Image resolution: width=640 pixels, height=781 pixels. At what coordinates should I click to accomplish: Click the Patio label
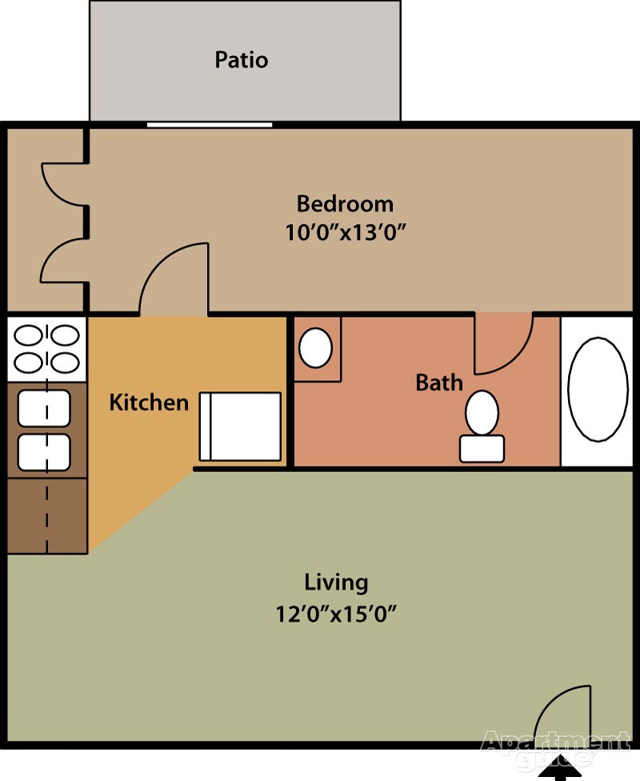[x=241, y=60]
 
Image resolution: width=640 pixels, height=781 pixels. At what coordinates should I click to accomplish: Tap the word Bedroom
[x=345, y=202]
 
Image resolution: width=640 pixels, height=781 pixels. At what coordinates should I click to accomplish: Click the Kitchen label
[x=149, y=402]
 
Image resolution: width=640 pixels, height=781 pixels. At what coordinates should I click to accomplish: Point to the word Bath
[x=439, y=382]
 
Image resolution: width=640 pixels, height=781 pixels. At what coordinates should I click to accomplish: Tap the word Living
[x=336, y=582]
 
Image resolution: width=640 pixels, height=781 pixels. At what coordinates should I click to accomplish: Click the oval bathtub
[x=598, y=389]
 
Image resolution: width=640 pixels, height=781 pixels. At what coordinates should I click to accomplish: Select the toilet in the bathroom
[x=482, y=425]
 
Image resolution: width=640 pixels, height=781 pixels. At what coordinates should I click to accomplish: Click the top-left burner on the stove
[x=29, y=333]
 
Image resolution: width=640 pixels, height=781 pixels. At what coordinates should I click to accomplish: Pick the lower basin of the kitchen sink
[x=45, y=452]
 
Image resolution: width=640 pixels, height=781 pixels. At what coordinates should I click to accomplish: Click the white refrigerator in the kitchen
[x=240, y=427]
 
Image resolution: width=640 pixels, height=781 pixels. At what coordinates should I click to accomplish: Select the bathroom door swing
[x=502, y=342]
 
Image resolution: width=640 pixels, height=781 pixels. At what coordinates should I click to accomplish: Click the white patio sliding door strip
[x=210, y=124]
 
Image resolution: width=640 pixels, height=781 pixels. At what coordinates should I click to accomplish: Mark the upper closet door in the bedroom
[x=62, y=183]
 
